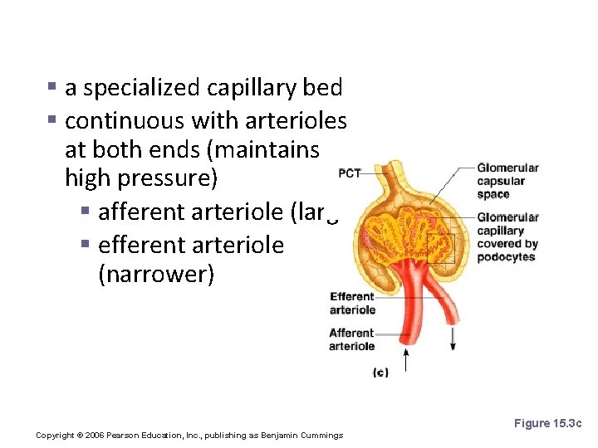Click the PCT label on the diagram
click(x=350, y=173)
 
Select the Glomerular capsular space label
click(x=507, y=181)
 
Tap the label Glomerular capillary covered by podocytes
click(x=507, y=237)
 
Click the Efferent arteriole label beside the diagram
click(x=353, y=303)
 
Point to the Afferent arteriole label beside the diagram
click(x=352, y=339)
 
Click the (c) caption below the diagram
click(x=380, y=373)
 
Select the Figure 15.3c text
click(x=548, y=423)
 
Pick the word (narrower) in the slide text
click(x=156, y=275)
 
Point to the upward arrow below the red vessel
click(x=406, y=358)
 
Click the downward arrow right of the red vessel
click(x=453, y=337)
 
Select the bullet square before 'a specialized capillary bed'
click(x=52, y=86)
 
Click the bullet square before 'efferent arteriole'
click(x=86, y=245)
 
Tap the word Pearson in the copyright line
click(x=130, y=436)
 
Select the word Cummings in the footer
click(x=321, y=436)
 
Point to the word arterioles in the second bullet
click(x=296, y=121)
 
